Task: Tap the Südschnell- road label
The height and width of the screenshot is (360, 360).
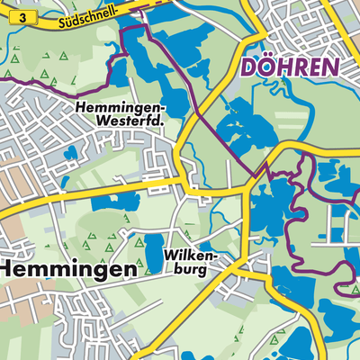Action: click(x=86, y=13)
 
